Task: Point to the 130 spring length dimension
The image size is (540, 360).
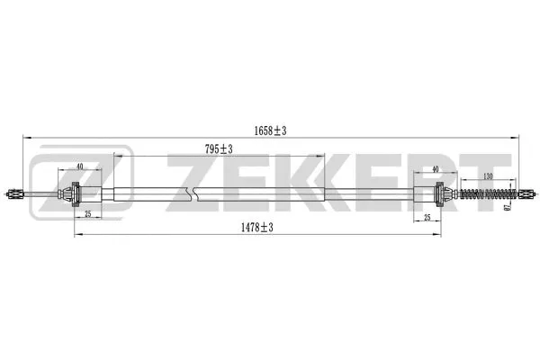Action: (x=487, y=177)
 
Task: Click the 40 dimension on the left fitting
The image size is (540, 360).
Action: (x=80, y=166)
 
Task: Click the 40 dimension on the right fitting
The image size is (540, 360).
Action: (x=435, y=168)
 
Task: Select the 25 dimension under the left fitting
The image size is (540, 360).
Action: (x=88, y=213)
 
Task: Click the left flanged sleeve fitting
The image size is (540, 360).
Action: (x=76, y=193)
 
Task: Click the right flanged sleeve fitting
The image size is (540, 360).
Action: (x=439, y=193)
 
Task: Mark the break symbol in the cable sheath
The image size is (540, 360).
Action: (x=190, y=193)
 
